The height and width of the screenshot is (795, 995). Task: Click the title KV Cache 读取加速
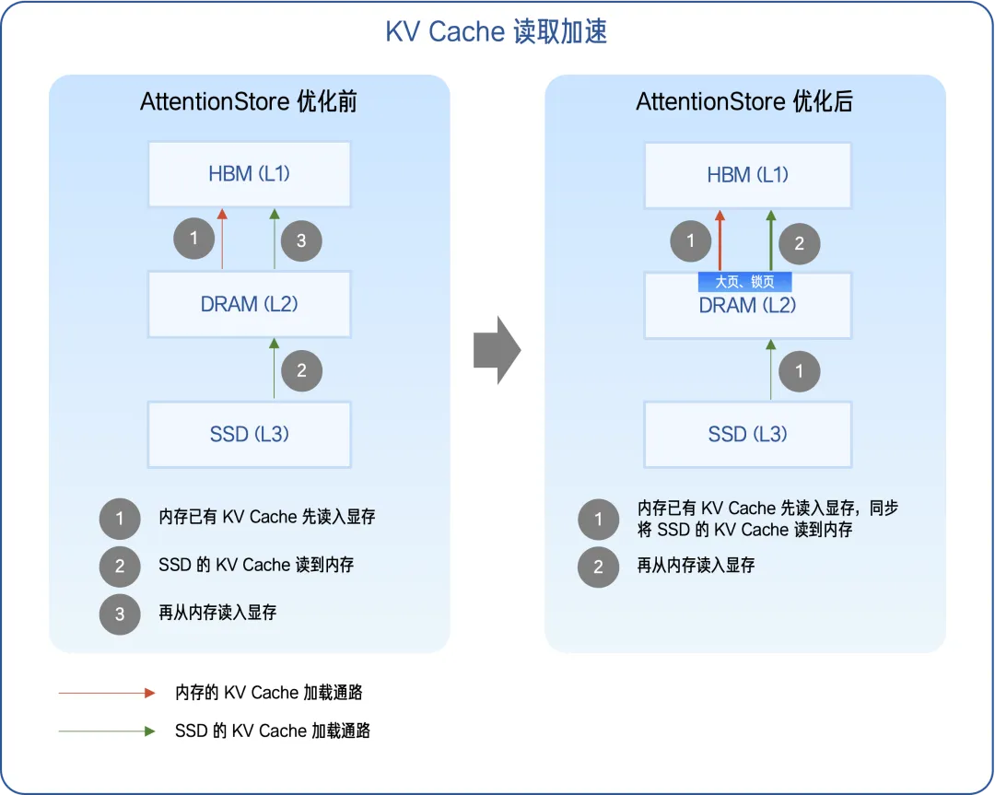pos(497,32)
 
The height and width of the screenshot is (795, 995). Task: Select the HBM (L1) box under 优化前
pos(249,174)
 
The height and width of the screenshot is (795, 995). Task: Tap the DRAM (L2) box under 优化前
pos(249,304)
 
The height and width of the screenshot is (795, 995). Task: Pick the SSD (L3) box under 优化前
pos(249,434)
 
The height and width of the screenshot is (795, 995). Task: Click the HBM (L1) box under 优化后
pos(747,174)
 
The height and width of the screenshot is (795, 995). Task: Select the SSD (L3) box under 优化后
pos(747,434)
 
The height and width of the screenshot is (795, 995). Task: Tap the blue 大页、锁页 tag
pos(744,282)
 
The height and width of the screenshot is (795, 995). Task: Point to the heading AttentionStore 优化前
pos(249,101)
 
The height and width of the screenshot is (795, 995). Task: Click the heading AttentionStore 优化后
pos(744,101)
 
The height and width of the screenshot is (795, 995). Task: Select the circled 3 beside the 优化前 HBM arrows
pos(301,242)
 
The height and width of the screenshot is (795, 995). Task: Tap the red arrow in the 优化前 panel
pos(222,240)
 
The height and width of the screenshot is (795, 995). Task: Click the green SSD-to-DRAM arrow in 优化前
pos(274,368)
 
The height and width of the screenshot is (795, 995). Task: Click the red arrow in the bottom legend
pos(106,693)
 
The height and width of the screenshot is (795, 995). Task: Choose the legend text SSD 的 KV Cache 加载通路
pos(273,731)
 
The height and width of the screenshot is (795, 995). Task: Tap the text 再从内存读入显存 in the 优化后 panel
pos(696,566)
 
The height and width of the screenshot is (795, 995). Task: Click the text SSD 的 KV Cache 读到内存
pos(256,565)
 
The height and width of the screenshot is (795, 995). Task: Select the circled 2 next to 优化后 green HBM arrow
pos(799,244)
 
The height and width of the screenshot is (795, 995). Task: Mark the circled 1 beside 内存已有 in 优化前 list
pos(120,519)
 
